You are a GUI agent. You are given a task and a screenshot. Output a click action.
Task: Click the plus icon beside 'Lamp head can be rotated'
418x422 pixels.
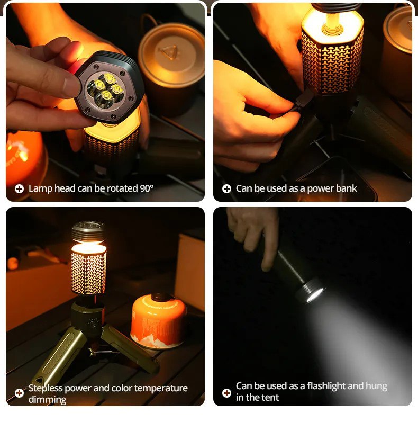[19, 189]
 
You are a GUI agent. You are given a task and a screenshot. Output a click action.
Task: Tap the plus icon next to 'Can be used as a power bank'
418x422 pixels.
[226, 189]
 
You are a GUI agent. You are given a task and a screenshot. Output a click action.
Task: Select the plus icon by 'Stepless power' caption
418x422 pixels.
[19, 393]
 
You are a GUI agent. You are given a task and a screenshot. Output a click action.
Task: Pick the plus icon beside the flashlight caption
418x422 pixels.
[226, 393]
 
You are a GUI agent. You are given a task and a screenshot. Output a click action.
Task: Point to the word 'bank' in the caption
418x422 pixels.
[346, 188]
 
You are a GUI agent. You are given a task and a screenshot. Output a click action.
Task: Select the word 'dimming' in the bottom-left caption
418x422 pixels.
[47, 399]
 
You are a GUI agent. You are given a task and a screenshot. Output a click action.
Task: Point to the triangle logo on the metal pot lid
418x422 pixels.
[168, 53]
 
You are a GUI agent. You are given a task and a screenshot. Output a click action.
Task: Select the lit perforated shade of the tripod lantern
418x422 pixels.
[88, 269]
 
